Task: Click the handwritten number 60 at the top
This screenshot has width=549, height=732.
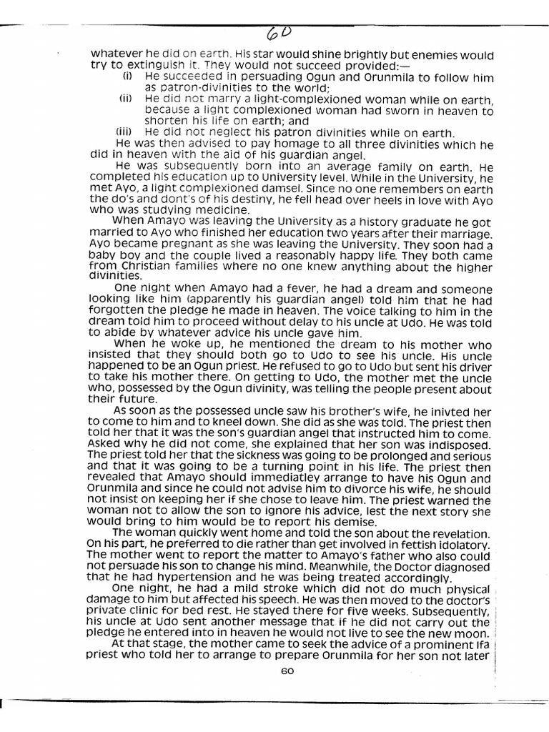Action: tap(280, 32)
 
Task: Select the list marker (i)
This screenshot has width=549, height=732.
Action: tap(127, 75)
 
